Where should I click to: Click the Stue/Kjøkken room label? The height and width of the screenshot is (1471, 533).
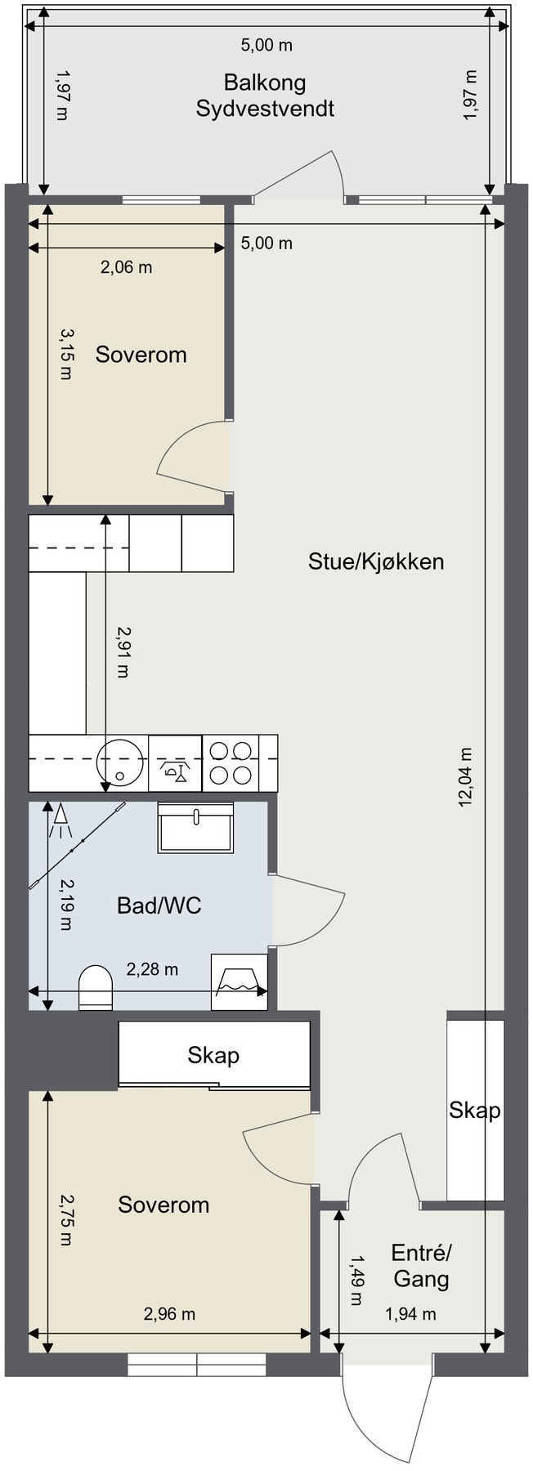click(375, 561)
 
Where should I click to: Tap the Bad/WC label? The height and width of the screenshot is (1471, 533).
click(159, 905)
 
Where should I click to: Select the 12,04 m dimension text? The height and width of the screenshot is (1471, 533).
click(466, 777)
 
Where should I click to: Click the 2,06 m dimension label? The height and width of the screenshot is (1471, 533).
click(126, 266)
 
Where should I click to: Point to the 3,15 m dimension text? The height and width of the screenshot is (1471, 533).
click(65, 354)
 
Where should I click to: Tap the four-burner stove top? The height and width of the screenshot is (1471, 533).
click(231, 762)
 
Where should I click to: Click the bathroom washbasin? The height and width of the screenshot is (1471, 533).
click(195, 827)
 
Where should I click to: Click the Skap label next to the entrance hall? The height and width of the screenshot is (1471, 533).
click(474, 1110)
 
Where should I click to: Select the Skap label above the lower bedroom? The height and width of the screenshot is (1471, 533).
click(213, 1055)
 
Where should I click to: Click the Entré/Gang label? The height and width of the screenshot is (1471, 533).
click(421, 1266)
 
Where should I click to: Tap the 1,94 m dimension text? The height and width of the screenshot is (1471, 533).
click(410, 1314)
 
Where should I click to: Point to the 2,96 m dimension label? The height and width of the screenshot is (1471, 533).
click(169, 1314)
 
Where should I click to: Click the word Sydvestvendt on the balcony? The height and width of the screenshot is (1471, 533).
click(265, 109)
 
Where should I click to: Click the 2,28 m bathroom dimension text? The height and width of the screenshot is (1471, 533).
click(152, 969)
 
